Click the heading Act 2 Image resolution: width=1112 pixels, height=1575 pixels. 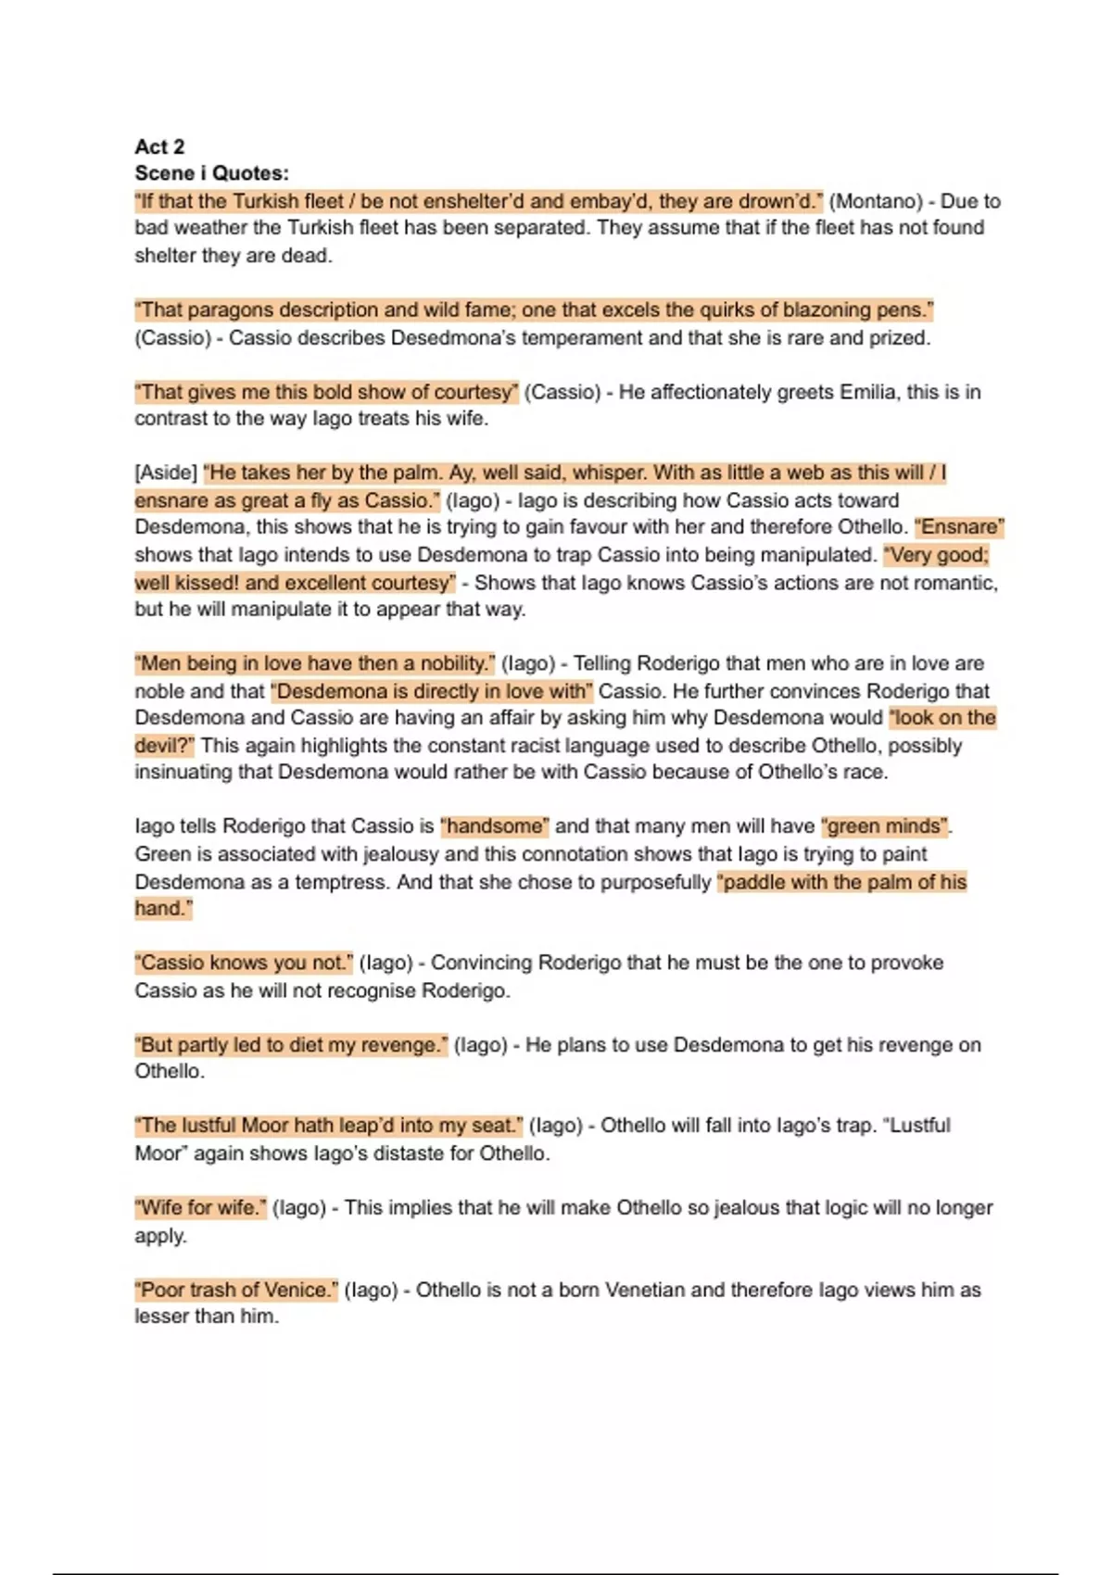click(159, 146)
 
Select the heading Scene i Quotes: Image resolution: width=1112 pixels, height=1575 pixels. click(211, 173)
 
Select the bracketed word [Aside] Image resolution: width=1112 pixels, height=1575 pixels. click(166, 472)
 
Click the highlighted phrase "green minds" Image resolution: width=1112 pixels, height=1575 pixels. click(885, 826)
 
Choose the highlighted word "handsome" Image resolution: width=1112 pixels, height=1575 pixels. click(495, 826)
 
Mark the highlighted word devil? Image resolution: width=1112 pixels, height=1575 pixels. click(164, 746)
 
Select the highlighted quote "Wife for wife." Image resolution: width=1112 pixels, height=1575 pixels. click(200, 1208)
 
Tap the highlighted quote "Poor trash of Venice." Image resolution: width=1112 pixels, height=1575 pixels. click(236, 1290)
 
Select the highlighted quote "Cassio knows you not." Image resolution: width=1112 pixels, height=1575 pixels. click(244, 963)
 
